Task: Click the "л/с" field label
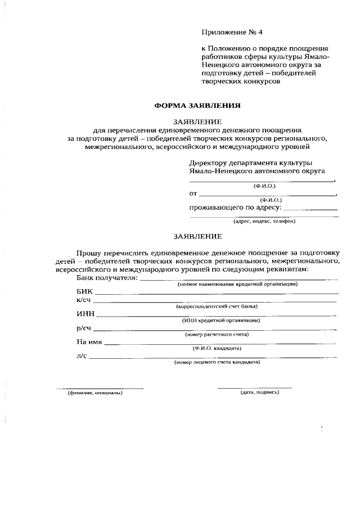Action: [x=82, y=356]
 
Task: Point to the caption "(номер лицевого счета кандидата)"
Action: [x=217, y=363]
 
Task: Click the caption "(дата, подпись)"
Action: [x=259, y=392]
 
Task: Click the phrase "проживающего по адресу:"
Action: [x=235, y=208]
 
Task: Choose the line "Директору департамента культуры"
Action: [x=250, y=163]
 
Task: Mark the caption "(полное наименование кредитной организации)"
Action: [x=237, y=285]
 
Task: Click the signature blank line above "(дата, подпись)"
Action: [x=254, y=388]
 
